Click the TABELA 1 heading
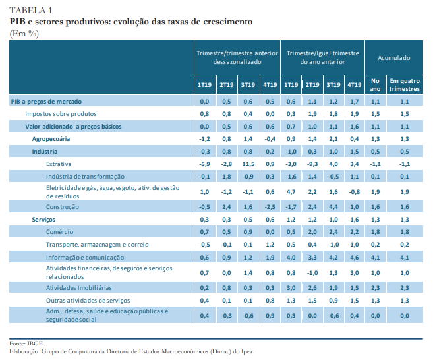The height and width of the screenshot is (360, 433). (30, 10)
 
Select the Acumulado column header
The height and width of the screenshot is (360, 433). (393, 58)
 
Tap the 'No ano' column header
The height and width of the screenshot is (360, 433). (376, 84)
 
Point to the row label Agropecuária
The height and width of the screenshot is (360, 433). (51, 138)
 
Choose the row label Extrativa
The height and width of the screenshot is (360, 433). (59, 164)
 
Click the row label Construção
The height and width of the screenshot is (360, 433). (63, 206)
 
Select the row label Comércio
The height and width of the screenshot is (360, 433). (60, 231)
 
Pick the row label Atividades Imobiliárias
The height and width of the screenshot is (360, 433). (79, 287)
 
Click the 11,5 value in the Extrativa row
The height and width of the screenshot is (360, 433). (248, 164)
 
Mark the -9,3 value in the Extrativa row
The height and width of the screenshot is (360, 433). (312, 164)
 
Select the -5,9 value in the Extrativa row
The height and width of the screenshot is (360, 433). (204, 164)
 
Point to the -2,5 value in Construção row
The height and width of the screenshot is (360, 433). (269, 206)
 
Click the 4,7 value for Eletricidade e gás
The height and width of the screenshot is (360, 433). (291, 191)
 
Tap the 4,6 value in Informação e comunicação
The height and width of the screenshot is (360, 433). (354, 256)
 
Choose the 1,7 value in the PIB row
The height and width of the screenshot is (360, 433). (354, 101)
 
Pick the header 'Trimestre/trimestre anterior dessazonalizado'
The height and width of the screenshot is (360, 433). (237, 57)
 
